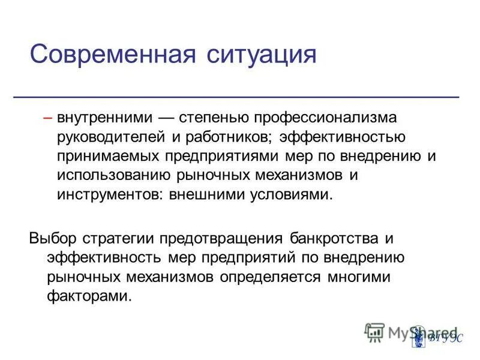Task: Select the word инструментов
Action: (108, 196)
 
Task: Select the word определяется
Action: (271, 277)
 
